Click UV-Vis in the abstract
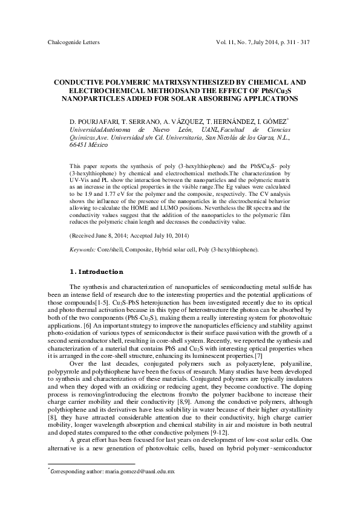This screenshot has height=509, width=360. tap(80, 181)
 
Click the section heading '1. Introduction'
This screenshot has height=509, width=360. tap(97, 271)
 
